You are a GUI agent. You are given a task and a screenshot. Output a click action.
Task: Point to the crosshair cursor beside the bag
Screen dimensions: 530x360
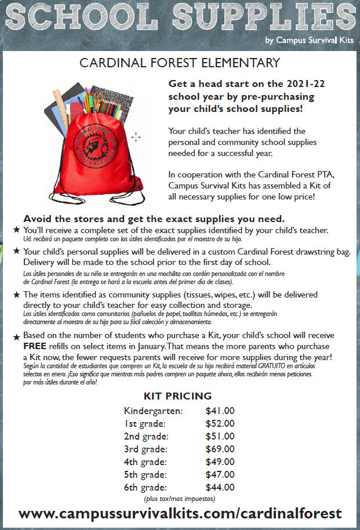(x=136, y=137)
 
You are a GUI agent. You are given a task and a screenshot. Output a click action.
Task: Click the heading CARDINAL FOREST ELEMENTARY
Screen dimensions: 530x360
(x=180, y=63)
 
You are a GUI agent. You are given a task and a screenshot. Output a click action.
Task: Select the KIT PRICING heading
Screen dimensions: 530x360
(x=177, y=397)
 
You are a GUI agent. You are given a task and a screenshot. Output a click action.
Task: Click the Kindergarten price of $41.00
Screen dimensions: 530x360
(x=220, y=411)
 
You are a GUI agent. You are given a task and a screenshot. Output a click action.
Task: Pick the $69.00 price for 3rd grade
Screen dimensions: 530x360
(x=220, y=449)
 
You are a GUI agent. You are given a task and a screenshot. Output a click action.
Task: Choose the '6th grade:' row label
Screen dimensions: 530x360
(x=146, y=487)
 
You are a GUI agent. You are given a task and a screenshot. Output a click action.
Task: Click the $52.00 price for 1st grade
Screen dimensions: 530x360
(x=220, y=423)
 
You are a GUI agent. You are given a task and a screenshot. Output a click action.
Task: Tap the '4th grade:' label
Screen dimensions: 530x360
(x=146, y=462)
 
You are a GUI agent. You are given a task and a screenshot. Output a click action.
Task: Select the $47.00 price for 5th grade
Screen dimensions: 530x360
(x=220, y=474)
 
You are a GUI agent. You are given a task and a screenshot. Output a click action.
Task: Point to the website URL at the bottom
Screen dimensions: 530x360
(x=180, y=513)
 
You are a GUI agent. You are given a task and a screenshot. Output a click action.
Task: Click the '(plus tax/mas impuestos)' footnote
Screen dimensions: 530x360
(x=179, y=499)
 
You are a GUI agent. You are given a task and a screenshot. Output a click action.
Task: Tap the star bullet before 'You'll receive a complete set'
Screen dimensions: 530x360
(x=16, y=231)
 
